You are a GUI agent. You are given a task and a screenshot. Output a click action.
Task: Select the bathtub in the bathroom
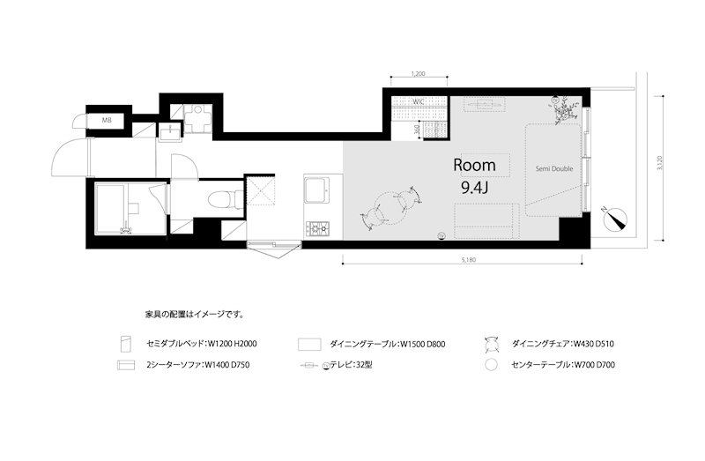pos(121,209)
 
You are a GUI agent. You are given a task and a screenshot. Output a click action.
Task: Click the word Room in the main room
pos(474,165)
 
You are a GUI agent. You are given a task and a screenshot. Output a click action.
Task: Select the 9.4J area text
pos(475,187)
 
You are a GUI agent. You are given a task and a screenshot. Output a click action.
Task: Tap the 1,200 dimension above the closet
pos(419,76)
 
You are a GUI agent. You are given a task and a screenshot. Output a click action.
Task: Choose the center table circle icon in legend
pos(493,363)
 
